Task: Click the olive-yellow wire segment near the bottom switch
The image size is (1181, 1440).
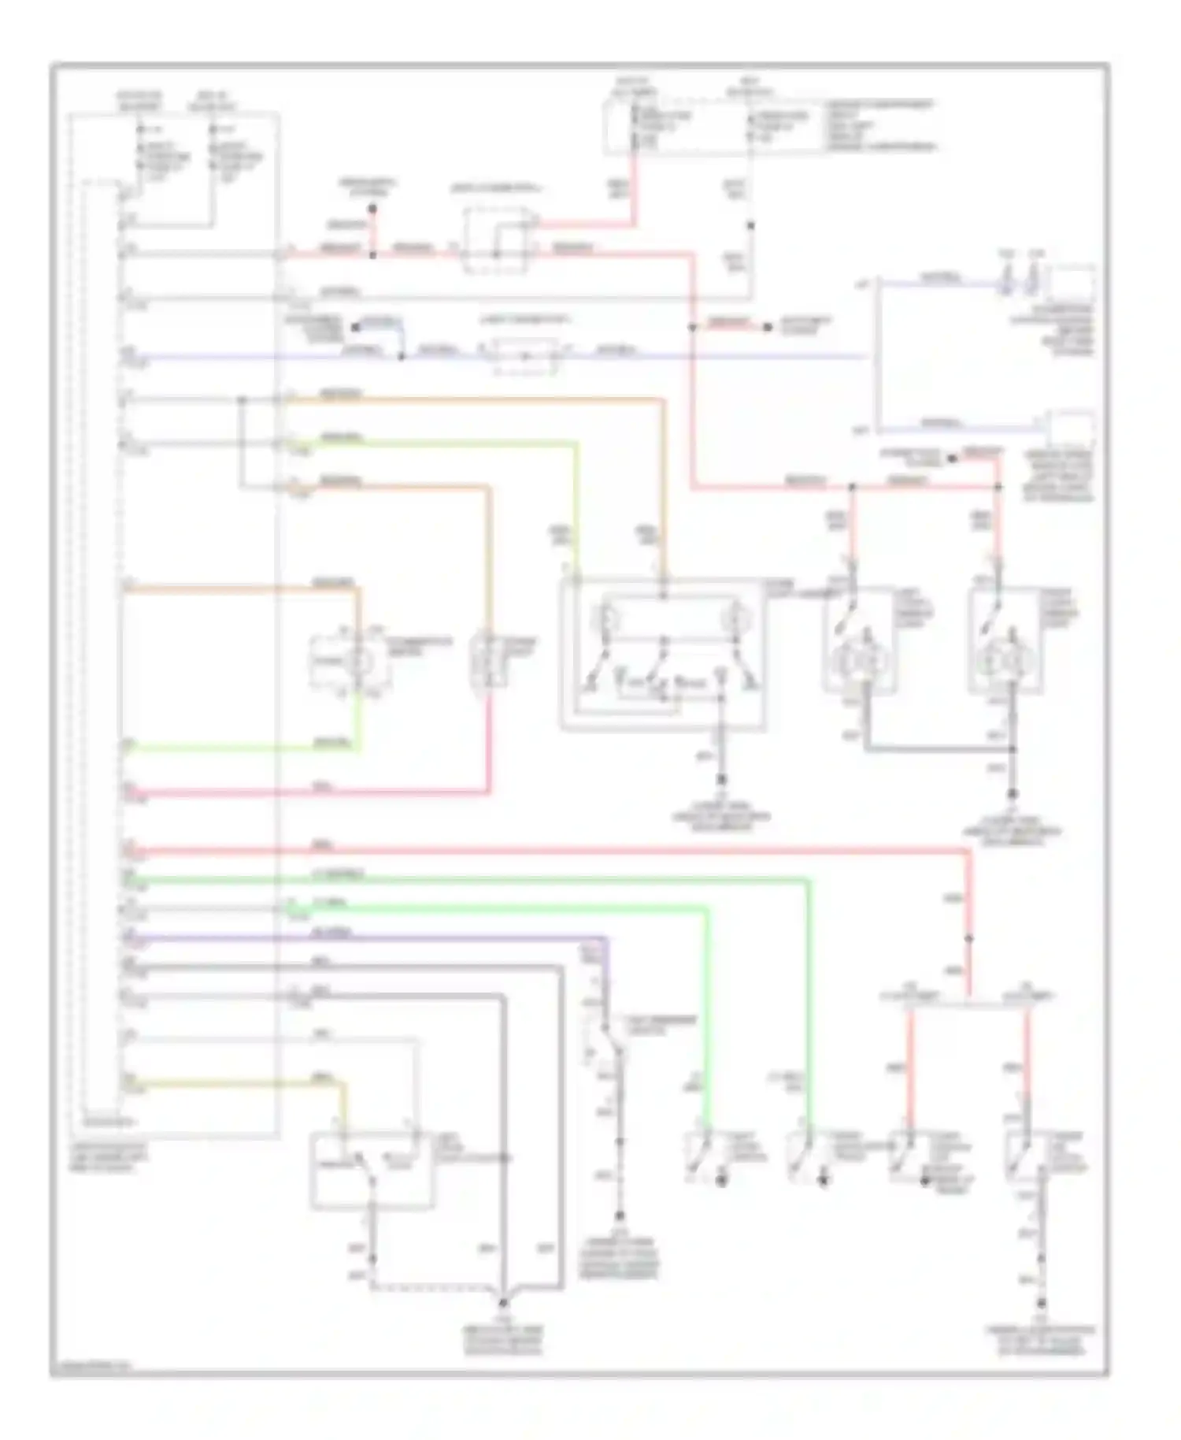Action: [x=236, y=1085]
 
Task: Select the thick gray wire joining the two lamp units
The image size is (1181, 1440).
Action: [x=937, y=748]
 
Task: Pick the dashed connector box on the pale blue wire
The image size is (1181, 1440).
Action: [x=524, y=357]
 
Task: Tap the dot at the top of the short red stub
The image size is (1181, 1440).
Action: [x=373, y=210]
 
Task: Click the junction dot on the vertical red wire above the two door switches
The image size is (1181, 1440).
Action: [x=969, y=938]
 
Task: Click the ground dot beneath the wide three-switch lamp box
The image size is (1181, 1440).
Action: [x=720, y=780]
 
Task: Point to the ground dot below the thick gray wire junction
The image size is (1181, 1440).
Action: [x=1013, y=795]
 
